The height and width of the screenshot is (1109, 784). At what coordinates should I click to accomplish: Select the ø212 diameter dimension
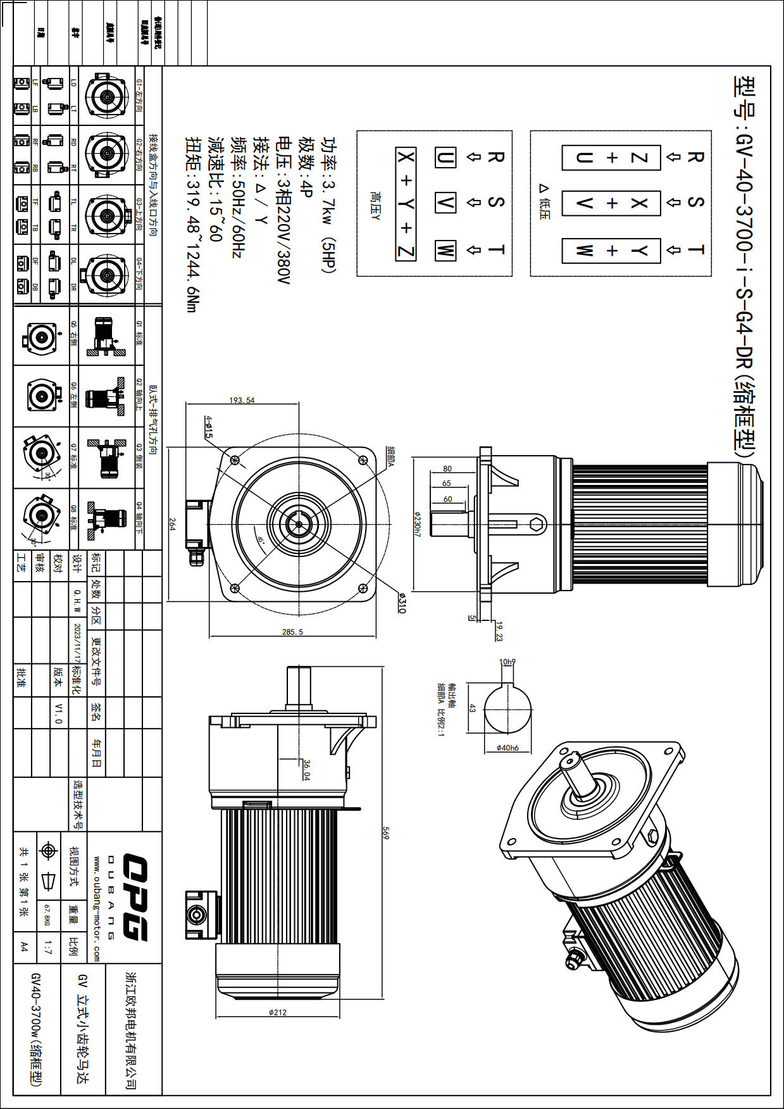tap(277, 1012)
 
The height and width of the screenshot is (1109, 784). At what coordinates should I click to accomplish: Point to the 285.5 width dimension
tap(292, 632)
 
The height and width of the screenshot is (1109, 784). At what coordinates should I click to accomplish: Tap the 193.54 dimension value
tap(242, 400)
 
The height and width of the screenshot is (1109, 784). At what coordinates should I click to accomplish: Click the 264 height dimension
tap(171, 524)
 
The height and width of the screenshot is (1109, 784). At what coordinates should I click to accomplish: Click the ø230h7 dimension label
tap(417, 524)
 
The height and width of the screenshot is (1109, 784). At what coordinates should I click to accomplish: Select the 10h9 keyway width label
tap(507, 662)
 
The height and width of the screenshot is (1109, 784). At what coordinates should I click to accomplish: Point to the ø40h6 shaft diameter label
tap(507, 748)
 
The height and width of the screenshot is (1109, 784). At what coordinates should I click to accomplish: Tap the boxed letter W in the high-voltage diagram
tap(445, 250)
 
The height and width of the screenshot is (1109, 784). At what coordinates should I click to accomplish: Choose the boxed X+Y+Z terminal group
tap(406, 203)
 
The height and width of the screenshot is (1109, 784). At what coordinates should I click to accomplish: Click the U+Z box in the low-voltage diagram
tap(611, 158)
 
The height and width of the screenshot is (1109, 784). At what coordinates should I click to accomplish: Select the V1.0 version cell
tap(59, 713)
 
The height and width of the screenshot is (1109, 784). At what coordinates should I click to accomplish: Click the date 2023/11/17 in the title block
tap(77, 642)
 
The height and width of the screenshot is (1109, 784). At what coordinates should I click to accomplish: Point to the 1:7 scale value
tap(47, 948)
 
